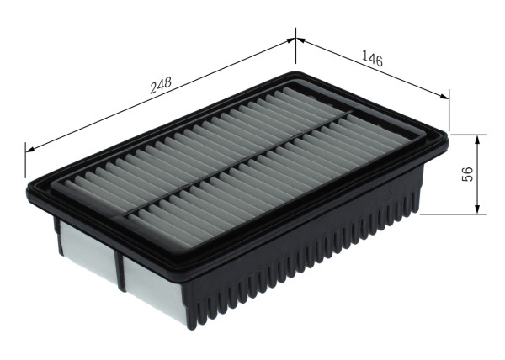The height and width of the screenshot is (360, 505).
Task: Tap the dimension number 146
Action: click(372, 59)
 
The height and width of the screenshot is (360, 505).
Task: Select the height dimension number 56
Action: click(468, 173)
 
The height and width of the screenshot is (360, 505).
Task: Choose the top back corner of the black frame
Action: click(295, 73)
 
